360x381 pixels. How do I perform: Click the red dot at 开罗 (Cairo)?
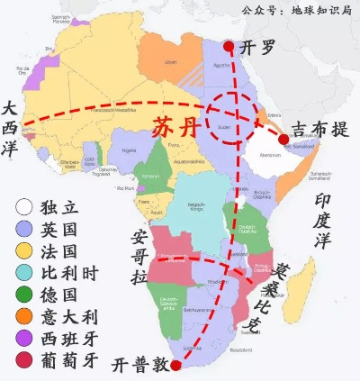(x=229, y=47)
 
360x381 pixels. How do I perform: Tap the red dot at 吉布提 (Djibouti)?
(x=283, y=139)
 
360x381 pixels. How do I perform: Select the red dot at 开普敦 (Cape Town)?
(x=177, y=366)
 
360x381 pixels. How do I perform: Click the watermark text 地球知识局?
(x=322, y=10)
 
